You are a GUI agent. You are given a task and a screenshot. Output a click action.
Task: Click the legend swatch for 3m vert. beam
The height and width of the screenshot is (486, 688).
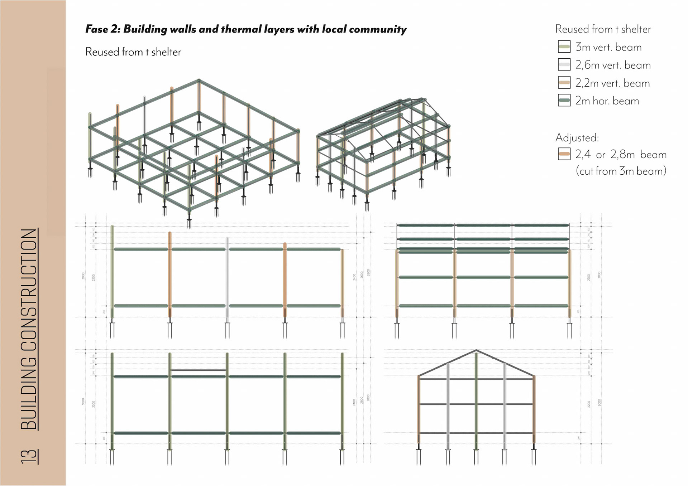564,47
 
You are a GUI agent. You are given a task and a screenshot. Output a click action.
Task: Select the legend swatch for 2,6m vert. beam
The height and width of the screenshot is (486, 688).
564,64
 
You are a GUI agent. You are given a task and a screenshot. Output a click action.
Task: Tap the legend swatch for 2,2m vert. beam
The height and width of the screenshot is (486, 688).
564,83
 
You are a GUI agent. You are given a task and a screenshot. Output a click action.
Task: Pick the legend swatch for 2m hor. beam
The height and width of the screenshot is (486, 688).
564,101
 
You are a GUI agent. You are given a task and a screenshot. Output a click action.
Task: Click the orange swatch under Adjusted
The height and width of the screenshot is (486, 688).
564,154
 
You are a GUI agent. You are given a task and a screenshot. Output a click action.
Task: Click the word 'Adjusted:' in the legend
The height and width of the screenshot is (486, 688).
577,138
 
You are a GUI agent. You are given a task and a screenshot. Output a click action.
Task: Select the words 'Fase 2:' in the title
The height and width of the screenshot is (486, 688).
102,29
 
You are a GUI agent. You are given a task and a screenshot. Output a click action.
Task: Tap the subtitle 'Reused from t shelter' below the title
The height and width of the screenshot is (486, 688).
133,52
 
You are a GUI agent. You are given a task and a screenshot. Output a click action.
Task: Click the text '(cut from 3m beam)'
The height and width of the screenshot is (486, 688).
621,171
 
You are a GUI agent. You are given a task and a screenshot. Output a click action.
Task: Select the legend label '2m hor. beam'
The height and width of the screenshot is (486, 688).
607,101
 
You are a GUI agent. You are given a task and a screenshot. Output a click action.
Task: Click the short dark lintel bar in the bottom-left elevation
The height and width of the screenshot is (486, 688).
198,370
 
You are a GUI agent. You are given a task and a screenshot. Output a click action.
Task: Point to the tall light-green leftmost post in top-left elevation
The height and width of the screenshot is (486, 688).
112,268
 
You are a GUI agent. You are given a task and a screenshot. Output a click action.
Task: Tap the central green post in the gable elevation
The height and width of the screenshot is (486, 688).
476,401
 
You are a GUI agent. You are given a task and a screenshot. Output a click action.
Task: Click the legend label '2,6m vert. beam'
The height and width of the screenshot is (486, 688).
613,65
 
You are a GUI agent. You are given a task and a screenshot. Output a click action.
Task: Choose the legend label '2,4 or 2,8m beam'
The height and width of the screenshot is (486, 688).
621,155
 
